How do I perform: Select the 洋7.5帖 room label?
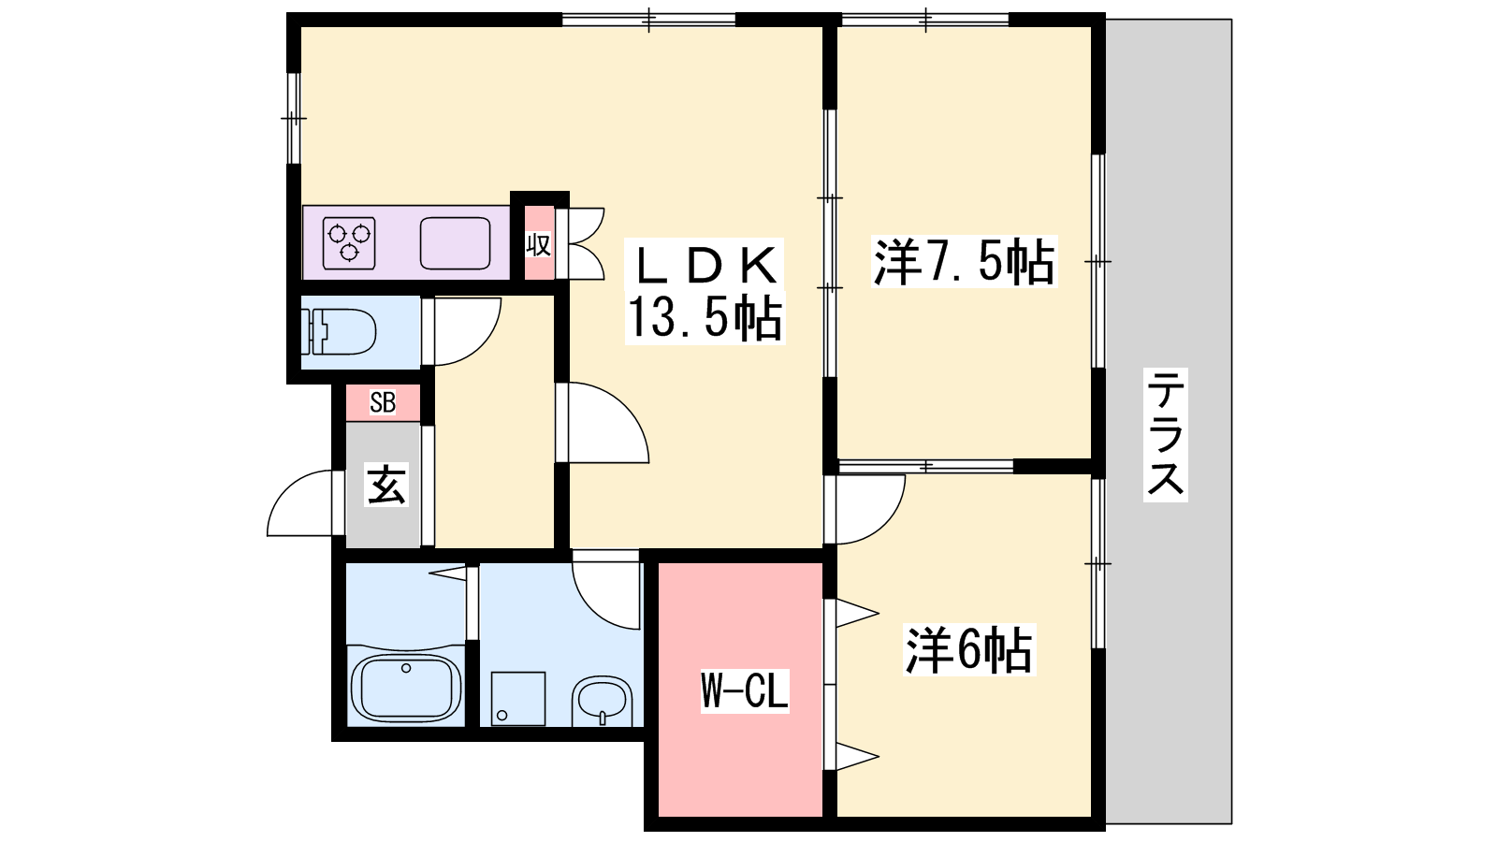(965, 261)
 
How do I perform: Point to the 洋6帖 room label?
(968, 649)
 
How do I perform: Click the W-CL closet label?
(745, 690)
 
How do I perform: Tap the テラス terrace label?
(1166, 434)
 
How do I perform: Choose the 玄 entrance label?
(386, 485)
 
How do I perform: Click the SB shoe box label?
(383, 402)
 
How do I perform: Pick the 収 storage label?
(539, 245)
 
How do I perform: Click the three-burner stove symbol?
(349, 243)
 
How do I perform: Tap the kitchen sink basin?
(455, 243)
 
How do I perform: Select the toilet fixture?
(339, 331)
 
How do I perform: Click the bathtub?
(406, 688)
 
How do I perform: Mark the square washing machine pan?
(518, 698)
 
